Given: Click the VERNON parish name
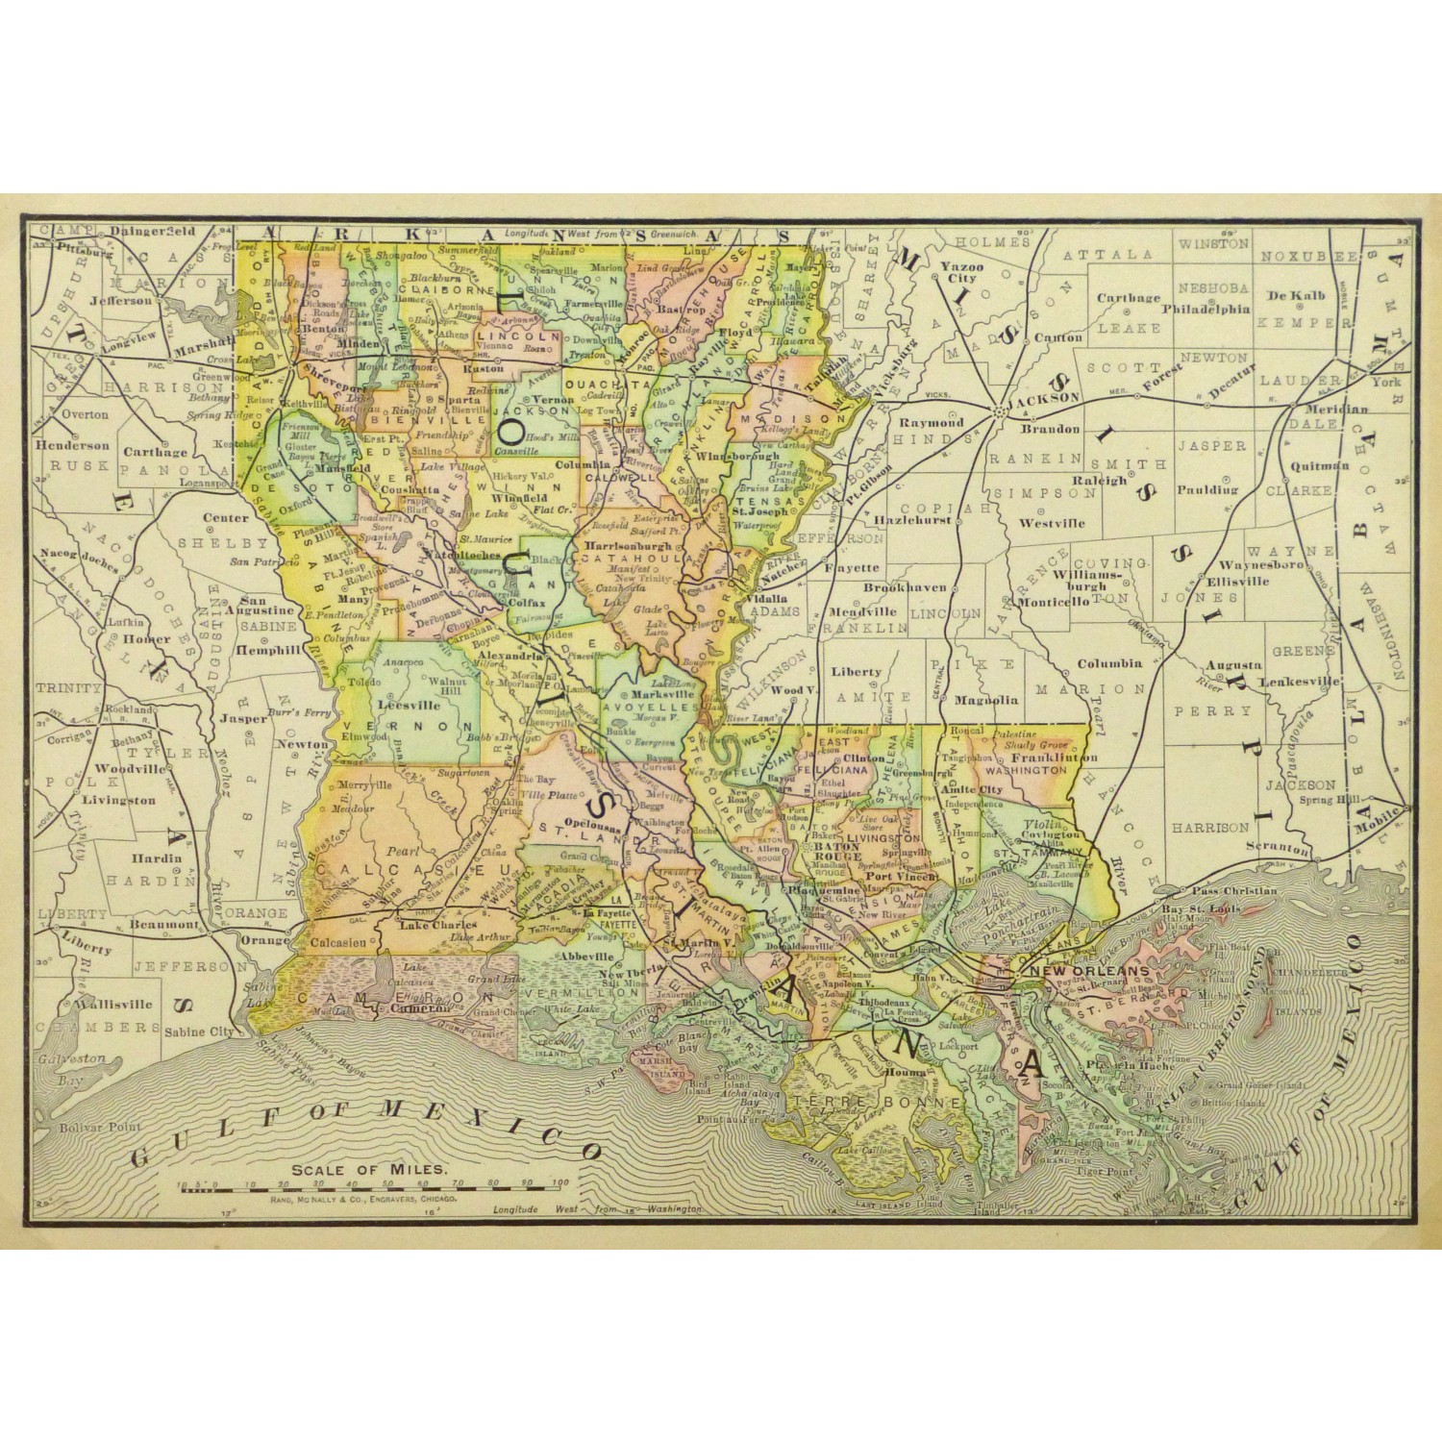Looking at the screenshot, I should [x=397, y=724].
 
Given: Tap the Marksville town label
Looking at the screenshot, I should [x=657, y=692].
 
